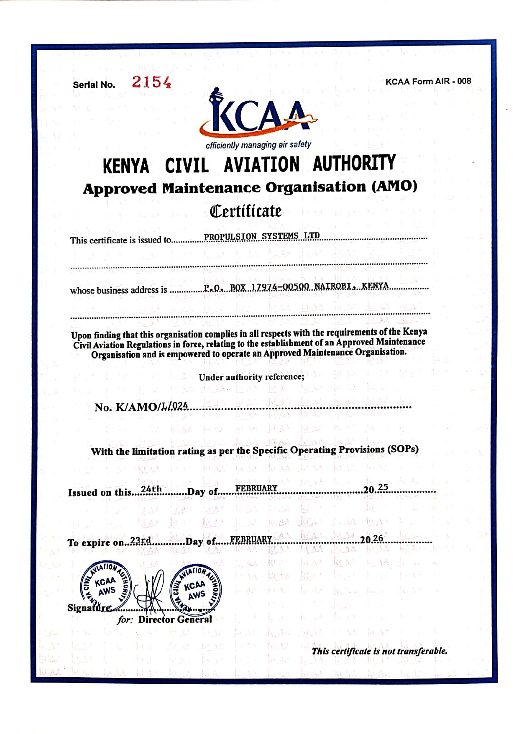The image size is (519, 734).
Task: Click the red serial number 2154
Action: point(151,82)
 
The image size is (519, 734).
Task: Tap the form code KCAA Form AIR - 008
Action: point(428,81)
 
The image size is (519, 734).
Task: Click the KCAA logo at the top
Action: point(258,114)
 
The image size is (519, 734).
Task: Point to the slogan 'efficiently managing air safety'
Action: point(258,145)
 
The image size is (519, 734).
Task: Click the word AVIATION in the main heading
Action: point(261,164)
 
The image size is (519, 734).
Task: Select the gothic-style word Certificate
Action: point(245,211)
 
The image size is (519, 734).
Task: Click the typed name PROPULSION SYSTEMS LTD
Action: point(262,236)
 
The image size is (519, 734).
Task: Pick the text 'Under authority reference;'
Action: point(251,377)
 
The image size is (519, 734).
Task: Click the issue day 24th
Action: point(151,489)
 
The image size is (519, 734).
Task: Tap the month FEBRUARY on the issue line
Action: point(256,488)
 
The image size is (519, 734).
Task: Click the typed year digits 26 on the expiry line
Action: point(378,538)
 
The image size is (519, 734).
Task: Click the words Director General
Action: point(175,619)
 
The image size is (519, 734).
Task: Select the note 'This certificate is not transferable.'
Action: point(379,651)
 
